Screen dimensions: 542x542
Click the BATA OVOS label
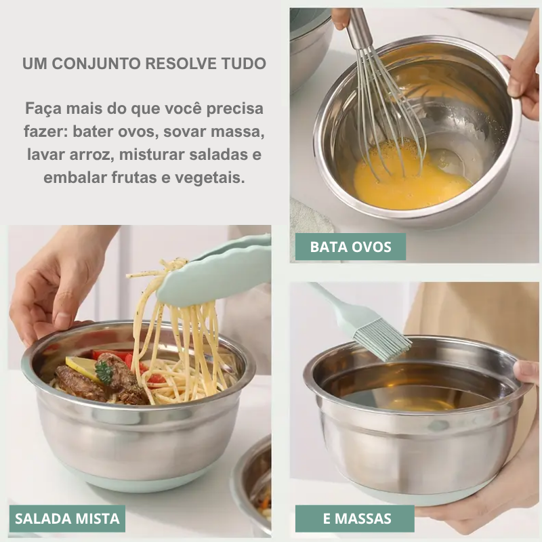point(350,247)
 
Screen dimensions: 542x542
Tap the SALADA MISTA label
point(67,518)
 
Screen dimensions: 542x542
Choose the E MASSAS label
point(354,518)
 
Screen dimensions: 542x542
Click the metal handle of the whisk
point(360,27)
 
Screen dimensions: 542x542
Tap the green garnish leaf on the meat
point(104,372)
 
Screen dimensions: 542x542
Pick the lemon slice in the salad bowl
point(81,367)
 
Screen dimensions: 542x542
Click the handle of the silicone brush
point(333,301)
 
